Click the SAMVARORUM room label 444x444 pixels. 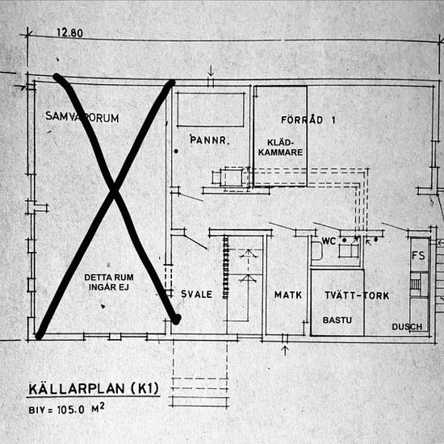coord(82,118)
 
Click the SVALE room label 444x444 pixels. coord(196,295)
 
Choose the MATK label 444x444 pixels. coord(287,295)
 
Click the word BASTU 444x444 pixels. coord(338,320)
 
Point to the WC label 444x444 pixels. coord(329,241)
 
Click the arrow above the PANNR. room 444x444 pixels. coord(210,71)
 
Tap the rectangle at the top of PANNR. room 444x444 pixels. coord(210,110)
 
